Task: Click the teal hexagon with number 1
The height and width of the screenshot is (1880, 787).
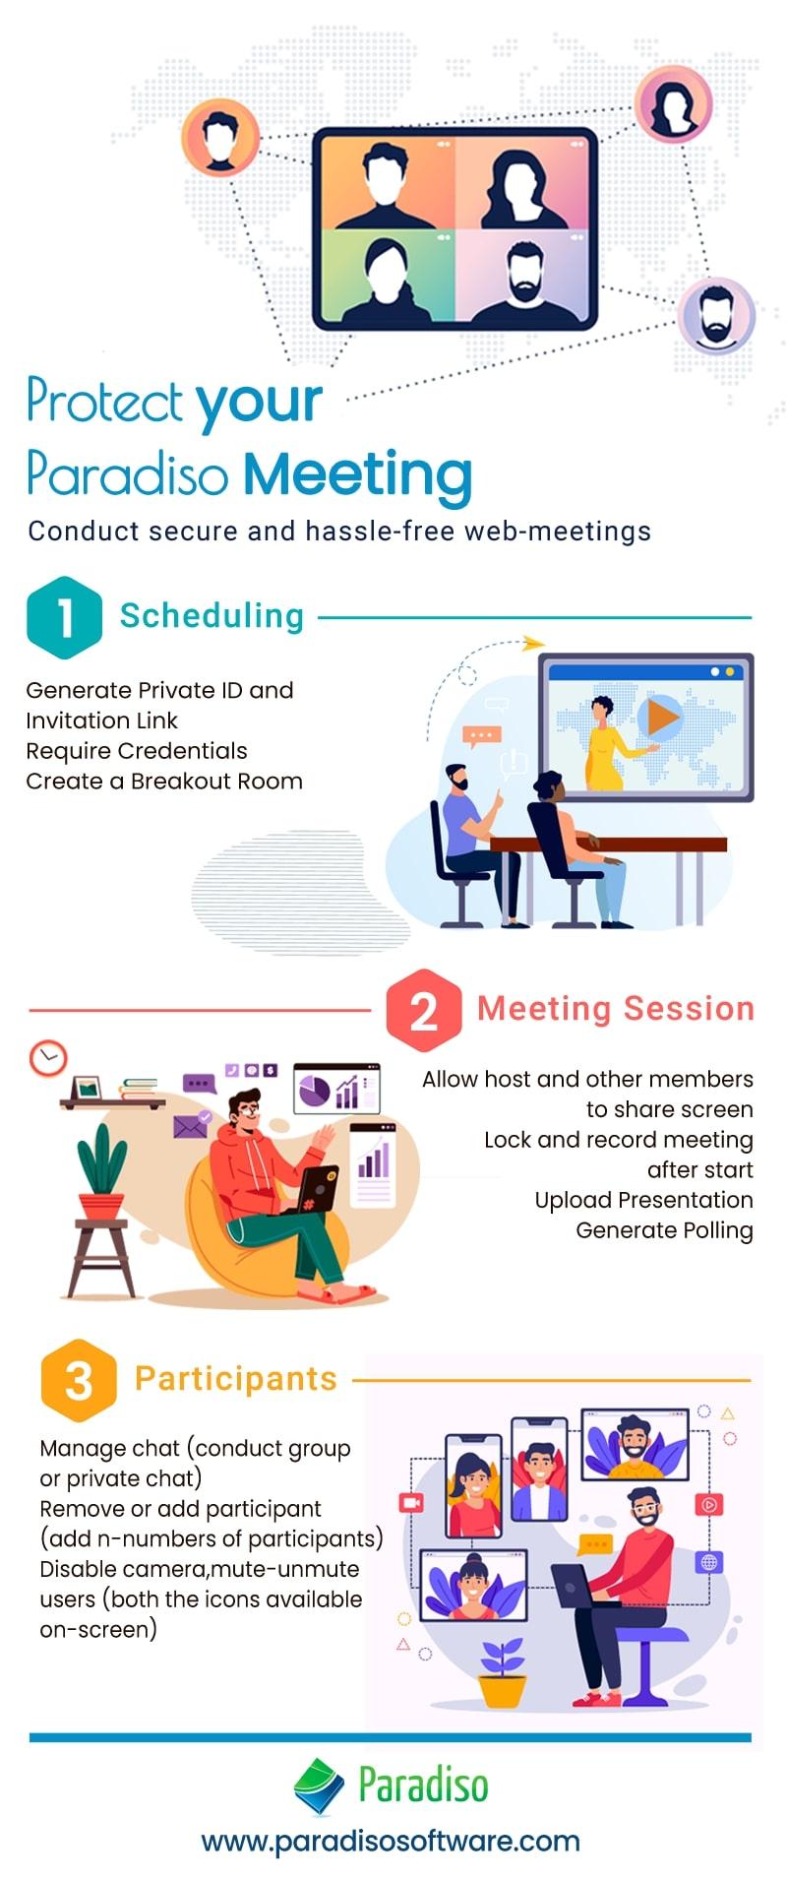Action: point(64,617)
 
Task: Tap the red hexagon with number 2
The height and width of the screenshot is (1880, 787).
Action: point(423,1010)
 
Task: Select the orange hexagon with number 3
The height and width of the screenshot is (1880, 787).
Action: point(79,1380)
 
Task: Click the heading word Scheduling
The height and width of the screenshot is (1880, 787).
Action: point(212,616)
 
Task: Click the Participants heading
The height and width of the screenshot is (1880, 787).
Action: point(236,1379)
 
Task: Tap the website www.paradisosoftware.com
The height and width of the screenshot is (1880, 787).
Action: point(391,1841)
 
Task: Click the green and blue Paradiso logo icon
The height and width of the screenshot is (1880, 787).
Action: point(319,1786)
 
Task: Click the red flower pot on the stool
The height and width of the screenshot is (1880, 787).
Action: point(101,1205)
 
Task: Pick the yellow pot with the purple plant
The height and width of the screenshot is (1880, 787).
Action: point(502,1690)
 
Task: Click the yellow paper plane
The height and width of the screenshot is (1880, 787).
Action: point(533,644)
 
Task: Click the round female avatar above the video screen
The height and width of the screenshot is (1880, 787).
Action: point(673,104)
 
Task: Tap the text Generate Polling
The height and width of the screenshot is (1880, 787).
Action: point(665,1230)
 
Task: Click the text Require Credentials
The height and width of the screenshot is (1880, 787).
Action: point(137,751)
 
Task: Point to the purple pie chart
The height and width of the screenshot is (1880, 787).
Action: point(315,1091)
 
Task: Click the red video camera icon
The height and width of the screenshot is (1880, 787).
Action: point(410,1503)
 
